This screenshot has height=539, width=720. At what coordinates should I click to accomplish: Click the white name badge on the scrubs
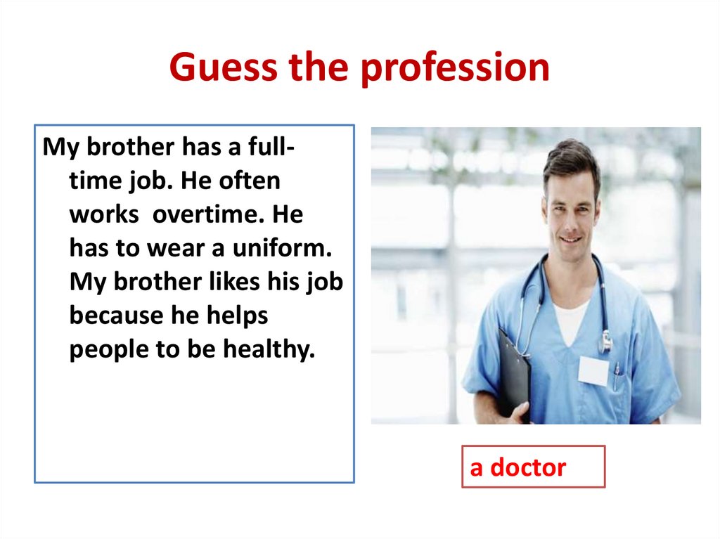(593, 370)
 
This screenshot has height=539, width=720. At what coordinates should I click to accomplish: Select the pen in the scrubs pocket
(616, 376)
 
